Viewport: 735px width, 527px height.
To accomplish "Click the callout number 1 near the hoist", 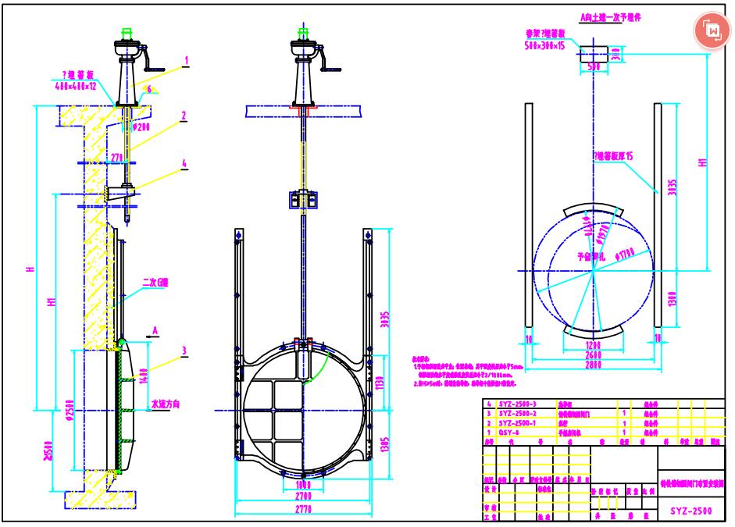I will coord(186,59).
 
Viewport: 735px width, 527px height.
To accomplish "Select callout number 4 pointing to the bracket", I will coord(184,164).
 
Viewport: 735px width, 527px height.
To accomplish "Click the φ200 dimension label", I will coord(143,127).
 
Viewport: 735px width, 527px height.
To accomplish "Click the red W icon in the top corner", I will coord(712,30).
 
